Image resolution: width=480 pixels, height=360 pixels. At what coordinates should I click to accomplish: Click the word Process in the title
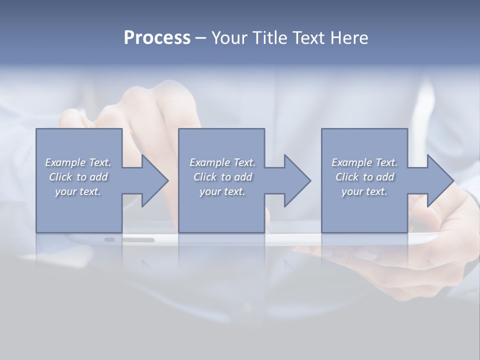pos(157,38)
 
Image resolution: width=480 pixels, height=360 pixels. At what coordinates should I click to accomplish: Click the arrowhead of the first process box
pos(153,180)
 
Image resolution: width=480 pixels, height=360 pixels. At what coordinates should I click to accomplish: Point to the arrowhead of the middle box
pos(295,180)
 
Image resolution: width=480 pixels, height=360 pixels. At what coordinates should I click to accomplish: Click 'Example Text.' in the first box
pos(78,162)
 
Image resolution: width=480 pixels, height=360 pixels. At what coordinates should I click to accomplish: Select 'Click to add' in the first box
pos(78,177)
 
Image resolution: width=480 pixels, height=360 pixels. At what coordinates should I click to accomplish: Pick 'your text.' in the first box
pos(78,191)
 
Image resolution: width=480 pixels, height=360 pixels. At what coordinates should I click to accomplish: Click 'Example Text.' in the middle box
pos(222,162)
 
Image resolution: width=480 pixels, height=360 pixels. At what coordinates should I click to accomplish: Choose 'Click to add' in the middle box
pos(222,177)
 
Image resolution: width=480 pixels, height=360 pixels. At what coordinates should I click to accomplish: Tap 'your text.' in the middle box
pos(222,191)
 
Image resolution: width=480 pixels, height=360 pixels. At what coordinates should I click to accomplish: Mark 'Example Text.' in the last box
pos(364,162)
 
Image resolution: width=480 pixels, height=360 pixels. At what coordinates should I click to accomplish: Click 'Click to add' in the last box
pos(364,177)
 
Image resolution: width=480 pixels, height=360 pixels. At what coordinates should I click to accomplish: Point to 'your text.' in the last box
pos(364,191)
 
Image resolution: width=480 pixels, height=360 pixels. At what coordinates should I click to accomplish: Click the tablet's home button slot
pos(138,240)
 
